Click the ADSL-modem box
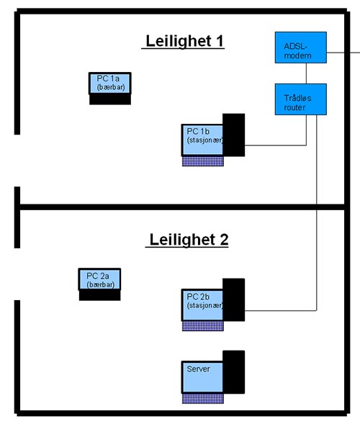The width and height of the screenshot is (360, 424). point(301,48)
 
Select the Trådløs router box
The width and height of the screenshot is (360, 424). point(301,99)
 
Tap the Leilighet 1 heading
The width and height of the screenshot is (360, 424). point(183,41)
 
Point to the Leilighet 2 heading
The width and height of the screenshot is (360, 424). point(187,240)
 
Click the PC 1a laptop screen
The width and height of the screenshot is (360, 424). point(110,83)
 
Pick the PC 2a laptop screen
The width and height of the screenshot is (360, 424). point(99,279)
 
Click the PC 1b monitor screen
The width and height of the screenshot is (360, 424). point(202,140)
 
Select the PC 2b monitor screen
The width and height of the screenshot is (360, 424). point(202,305)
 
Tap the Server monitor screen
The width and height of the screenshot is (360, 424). point(202,377)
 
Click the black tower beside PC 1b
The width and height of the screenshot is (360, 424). point(234,135)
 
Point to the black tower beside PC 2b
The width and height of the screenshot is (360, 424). point(234,300)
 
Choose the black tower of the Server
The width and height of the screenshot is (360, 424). point(234,372)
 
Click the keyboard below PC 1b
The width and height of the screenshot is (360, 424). point(203,161)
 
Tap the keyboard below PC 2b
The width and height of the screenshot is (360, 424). point(203,326)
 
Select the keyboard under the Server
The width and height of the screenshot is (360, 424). point(203,399)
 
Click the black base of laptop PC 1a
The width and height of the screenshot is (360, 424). point(110,99)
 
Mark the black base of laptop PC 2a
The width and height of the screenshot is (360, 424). point(100,296)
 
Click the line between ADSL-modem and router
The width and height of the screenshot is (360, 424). point(306,73)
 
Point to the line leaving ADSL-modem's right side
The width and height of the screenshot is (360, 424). point(343,53)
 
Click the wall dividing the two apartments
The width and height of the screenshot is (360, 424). point(182,207)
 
